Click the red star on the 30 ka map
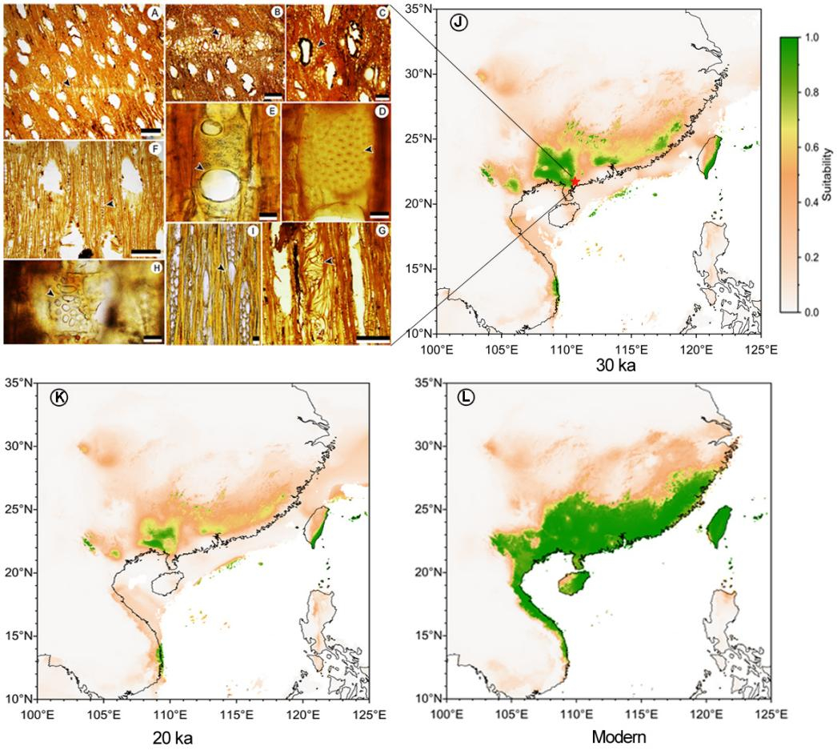click(x=575, y=182)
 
